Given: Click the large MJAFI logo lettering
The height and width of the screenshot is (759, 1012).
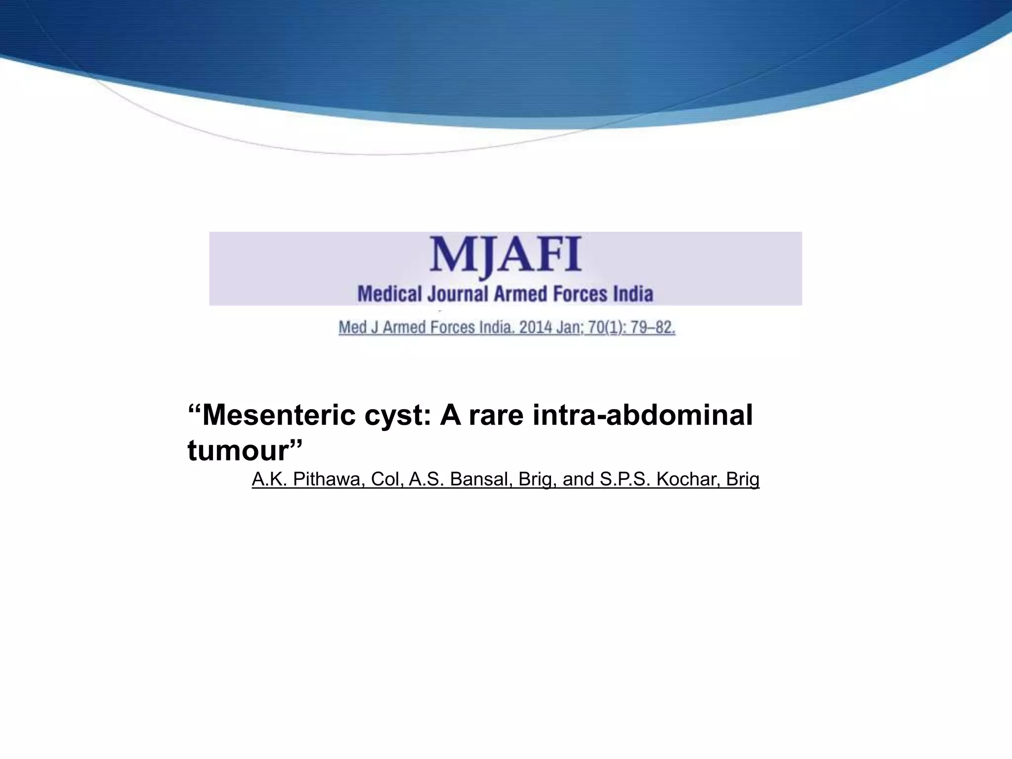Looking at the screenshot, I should click(506, 256).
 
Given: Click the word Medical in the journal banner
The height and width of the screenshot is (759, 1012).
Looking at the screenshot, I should click(390, 294).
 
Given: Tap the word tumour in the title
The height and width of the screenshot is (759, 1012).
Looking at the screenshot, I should click(238, 451).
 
